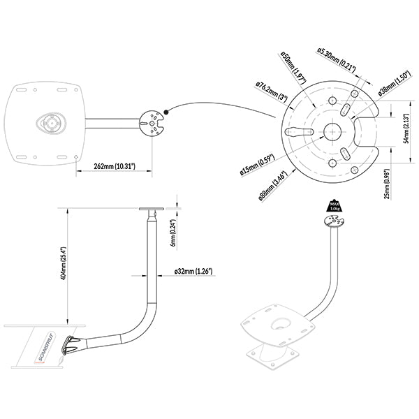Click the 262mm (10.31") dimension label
[x=115, y=167]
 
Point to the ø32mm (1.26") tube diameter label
[x=193, y=271]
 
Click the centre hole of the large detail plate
[x=332, y=132]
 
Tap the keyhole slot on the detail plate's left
[x=299, y=131]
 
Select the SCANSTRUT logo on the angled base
[x=48, y=346]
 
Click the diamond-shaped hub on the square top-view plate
[x=50, y=123]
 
